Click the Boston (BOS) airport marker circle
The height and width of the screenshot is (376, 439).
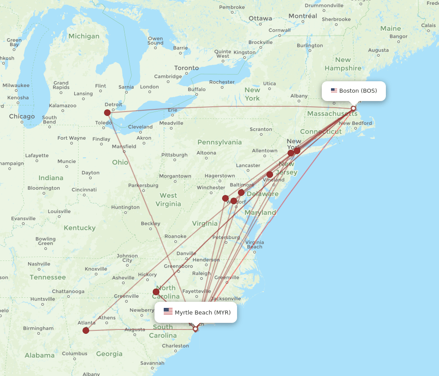click(x=353, y=108)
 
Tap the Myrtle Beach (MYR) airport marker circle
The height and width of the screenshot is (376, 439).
click(x=195, y=329)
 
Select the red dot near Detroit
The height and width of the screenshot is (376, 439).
click(x=107, y=112)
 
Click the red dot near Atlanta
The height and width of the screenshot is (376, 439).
click(x=86, y=330)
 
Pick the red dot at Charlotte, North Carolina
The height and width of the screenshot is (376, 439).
click(x=156, y=292)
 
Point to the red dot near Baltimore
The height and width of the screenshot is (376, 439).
click(x=241, y=192)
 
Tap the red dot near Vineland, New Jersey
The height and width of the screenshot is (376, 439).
click(x=270, y=174)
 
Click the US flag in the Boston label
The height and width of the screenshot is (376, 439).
click(x=334, y=91)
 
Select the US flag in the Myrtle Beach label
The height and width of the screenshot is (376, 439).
click(x=168, y=312)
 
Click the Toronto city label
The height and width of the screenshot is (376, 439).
click(x=187, y=68)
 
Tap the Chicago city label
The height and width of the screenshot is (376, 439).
click(x=22, y=116)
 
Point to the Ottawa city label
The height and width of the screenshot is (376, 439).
click(x=260, y=18)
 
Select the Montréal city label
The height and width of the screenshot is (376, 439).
click(x=302, y=16)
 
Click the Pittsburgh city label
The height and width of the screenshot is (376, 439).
click(x=174, y=155)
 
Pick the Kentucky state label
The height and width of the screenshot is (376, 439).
click(x=79, y=228)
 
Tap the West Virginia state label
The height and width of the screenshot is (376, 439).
click(x=168, y=199)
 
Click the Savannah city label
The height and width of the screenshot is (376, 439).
click(x=152, y=363)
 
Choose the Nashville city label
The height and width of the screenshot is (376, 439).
click(x=39, y=264)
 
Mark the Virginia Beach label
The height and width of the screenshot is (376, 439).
click(x=255, y=245)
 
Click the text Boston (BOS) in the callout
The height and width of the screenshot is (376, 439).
click(x=358, y=91)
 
